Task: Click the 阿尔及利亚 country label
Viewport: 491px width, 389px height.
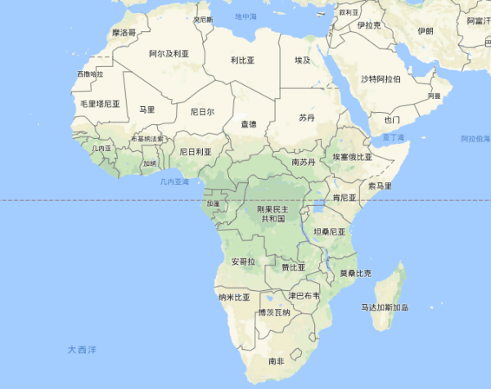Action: (169, 53)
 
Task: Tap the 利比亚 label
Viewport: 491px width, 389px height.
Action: (242, 60)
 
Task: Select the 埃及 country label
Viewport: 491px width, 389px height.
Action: (303, 60)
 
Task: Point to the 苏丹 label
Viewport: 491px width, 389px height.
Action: (306, 118)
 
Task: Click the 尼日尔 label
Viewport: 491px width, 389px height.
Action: (202, 111)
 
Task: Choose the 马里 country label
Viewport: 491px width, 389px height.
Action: (146, 109)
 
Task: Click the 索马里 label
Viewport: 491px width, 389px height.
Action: (380, 186)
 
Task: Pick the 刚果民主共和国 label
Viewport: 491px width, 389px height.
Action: (273, 214)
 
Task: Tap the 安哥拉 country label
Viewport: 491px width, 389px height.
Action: (243, 262)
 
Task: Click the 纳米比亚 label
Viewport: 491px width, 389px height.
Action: (234, 297)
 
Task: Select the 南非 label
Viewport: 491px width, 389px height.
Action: (277, 360)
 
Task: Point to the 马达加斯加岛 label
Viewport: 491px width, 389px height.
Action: (385, 307)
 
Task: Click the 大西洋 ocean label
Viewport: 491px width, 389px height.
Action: (82, 349)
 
